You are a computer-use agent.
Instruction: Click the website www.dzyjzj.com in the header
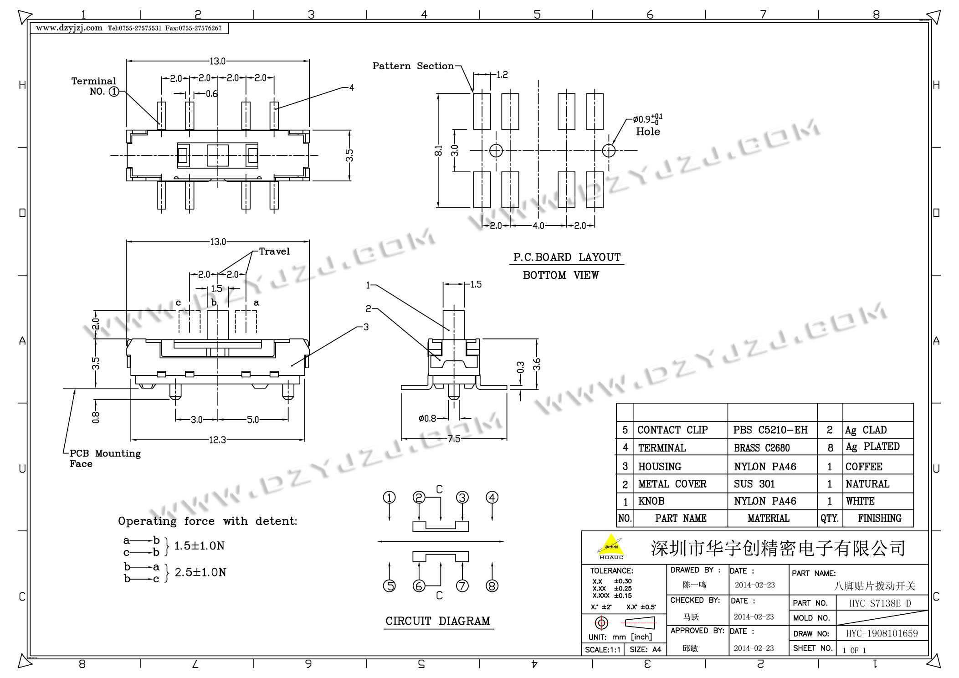[69, 28]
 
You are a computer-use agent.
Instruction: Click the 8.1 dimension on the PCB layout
[438, 150]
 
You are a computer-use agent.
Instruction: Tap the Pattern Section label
[413, 66]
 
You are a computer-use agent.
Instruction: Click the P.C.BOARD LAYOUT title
[567, 257]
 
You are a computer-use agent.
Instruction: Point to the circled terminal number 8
[492, 586]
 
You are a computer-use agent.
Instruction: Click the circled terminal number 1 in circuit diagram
[390, 498]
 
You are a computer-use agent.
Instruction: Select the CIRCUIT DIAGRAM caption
[438, 621]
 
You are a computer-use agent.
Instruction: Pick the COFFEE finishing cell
[864, 467]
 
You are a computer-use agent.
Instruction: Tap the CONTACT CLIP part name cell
[672, 430]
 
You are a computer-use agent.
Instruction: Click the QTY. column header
[830, 519]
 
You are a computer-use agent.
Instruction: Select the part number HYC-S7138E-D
[880, 604]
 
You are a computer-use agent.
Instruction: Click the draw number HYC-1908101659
[882, 633]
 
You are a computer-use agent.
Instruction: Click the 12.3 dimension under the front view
[218, 440]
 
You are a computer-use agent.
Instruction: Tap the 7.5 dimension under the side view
[454, 439]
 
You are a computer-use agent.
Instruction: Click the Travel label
[274, 252]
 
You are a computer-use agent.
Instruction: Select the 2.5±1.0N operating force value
[200, 573]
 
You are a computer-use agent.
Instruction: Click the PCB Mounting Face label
[105, 458]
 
